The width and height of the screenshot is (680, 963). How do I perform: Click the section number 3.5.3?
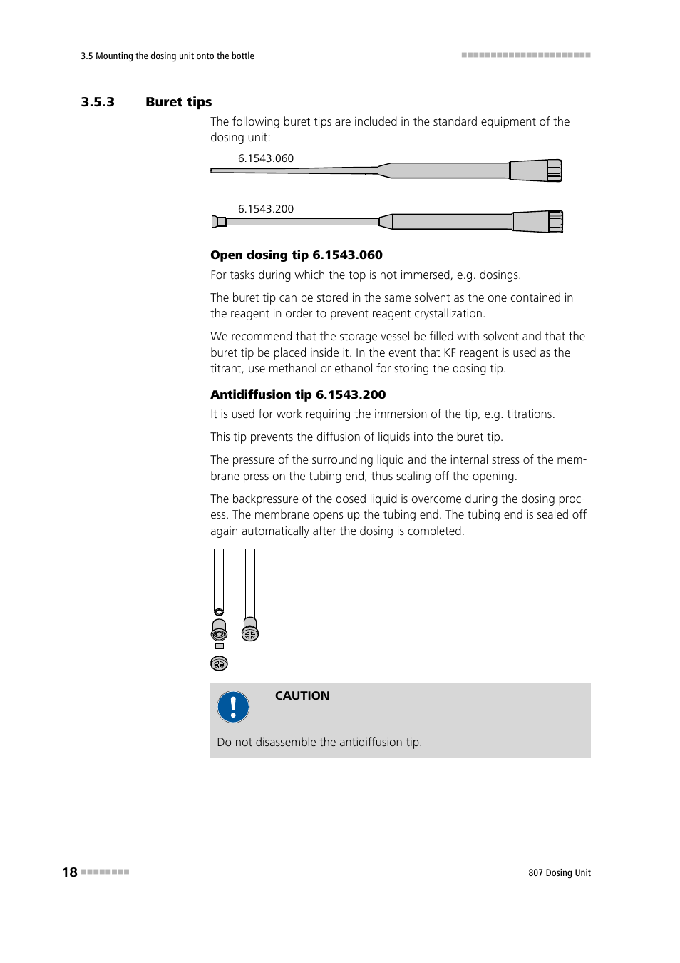click(98, 102)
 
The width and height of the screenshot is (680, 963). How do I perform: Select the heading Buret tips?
click(178, 102)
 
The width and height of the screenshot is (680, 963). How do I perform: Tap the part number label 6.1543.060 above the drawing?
click(265, 158)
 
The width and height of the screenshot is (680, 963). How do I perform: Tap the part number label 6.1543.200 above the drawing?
click(265, 209)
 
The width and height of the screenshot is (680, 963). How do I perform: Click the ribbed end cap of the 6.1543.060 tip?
click(554, 170)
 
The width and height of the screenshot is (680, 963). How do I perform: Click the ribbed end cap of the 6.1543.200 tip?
click(555, 222)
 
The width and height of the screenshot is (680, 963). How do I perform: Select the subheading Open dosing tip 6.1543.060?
click(296, 255)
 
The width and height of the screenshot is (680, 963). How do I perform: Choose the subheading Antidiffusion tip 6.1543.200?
click(298, 394)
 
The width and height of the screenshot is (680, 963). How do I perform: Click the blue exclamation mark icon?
click(233, 707)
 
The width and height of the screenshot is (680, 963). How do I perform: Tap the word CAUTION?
click(302, 695)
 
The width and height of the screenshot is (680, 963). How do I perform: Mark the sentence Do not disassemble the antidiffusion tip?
click(319, 742)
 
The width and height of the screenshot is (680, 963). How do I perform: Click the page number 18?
click(69, 872)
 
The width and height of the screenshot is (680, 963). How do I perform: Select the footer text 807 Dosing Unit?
click(559, 872)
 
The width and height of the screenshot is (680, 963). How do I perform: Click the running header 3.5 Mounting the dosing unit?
click(168, 56)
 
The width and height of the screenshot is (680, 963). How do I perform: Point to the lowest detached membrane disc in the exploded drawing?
click(219, 663)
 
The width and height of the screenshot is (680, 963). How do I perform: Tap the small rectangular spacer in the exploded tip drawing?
click(219, 646)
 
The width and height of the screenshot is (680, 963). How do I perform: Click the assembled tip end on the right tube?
click(249, 630)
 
